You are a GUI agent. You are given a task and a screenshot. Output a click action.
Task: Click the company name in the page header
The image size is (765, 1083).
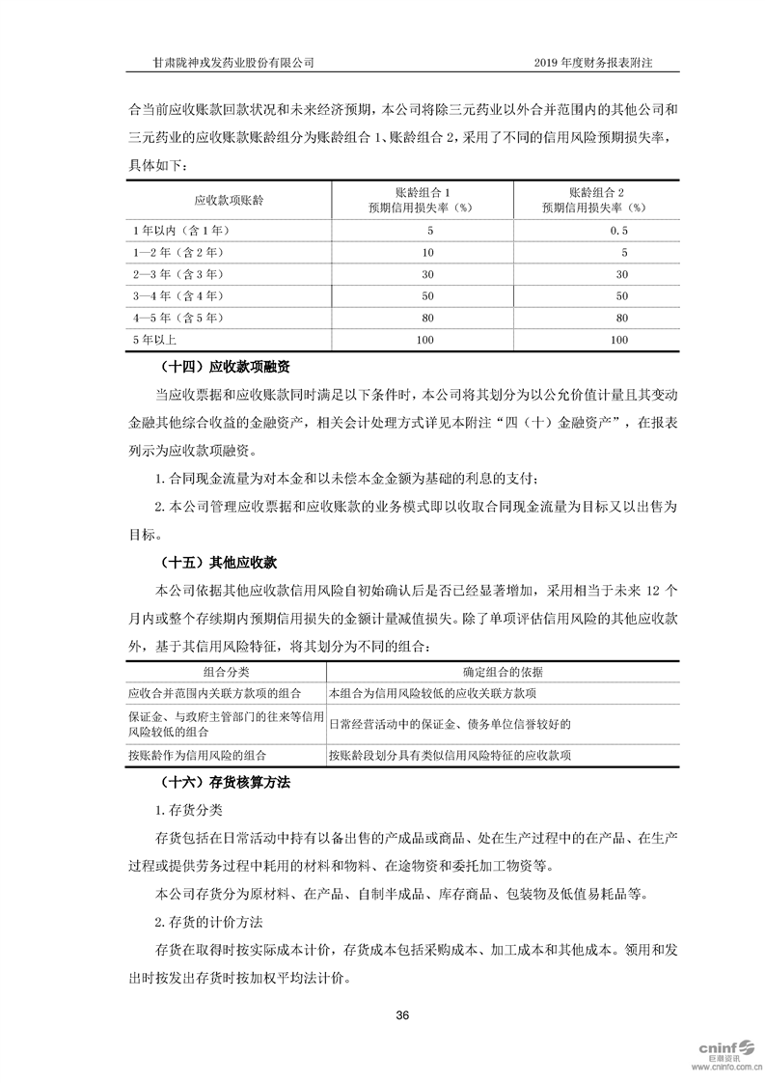tap(228, 62)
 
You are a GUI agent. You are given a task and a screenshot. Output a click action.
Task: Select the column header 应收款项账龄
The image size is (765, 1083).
tap(229, 200)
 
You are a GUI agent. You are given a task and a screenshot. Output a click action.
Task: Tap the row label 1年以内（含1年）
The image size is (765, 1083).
tap(178, 231)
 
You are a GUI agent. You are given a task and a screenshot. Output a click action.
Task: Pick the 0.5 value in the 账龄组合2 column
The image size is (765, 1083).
tap(619, 231)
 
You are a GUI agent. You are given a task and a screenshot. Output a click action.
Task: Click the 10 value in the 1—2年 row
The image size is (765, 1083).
tap(429, 253)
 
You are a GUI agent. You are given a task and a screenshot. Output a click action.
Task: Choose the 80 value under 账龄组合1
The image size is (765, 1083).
tap(429, 318)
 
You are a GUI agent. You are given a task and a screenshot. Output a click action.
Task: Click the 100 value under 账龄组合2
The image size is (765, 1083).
tap(619, 340)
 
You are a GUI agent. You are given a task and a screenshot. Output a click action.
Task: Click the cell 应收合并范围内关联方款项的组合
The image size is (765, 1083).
tap(214, 693)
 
